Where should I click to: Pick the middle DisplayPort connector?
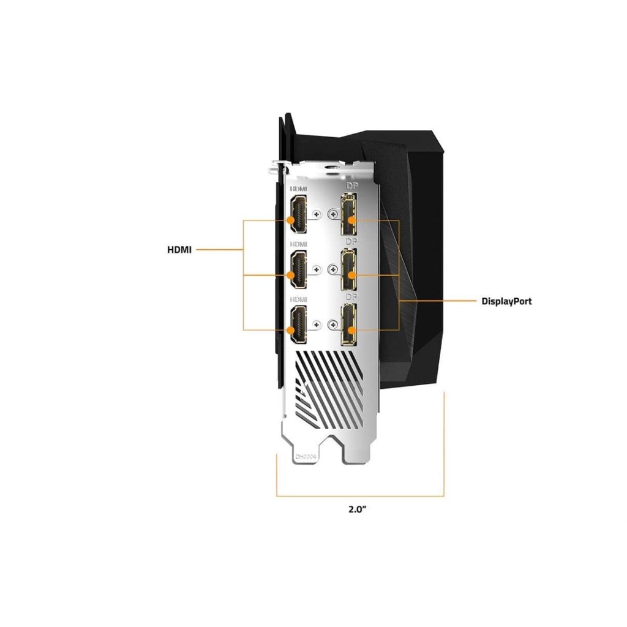click(350, 270)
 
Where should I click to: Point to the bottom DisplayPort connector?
click(350, 325)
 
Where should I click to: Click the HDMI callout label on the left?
click(179, 249)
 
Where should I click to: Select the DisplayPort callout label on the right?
click(506, 301)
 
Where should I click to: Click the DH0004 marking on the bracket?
click(307, 456)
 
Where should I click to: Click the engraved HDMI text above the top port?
click(298, 189)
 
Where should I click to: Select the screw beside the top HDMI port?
click(316, 214)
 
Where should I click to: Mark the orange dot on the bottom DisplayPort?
click(351, 330)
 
